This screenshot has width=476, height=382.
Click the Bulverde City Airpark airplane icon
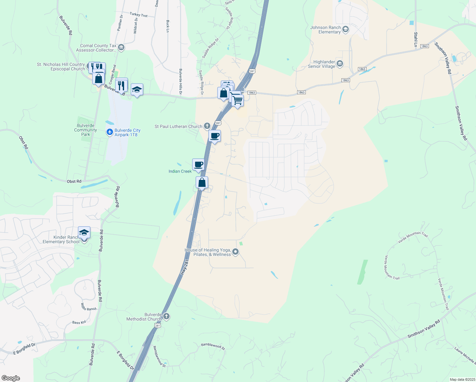110,132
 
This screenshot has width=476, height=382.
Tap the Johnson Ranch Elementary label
325,30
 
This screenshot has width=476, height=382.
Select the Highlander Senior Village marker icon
340,64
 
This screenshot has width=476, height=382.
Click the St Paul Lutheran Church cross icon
207,126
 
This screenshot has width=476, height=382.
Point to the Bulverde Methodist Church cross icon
166,316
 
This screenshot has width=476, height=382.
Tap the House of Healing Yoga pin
235,252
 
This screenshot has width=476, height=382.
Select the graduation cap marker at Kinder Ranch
84,233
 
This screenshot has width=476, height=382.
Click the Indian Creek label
180,171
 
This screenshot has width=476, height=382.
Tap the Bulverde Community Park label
86,130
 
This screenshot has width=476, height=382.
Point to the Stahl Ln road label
416,39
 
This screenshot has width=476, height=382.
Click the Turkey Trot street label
139,15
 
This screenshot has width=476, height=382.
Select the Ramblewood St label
213,346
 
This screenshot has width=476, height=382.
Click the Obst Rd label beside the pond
74,181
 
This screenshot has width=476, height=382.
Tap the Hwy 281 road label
185,267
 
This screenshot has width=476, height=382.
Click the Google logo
10,378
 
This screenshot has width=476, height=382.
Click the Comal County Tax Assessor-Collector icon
121,48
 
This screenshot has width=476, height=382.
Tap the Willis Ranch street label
88,307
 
